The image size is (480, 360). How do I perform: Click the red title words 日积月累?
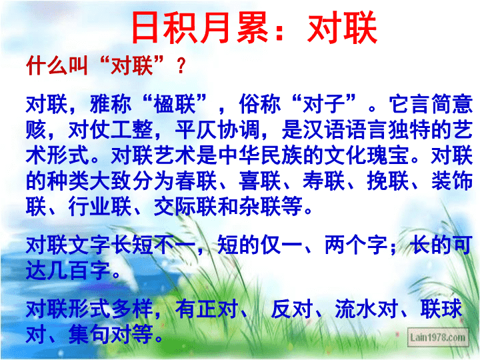(200, 27)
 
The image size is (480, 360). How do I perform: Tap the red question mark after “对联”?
(181, 66)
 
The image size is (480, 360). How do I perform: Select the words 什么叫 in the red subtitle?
(57, 65)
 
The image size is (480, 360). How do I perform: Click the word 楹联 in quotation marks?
(175, 104)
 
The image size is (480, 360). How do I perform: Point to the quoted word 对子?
(323, 104)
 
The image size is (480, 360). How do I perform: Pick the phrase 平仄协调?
(217, 130)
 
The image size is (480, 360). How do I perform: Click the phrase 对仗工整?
(111, 130)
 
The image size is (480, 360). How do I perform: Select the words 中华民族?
(260, 155)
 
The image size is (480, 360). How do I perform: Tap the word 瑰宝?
(388, 155)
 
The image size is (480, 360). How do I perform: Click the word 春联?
(196, 181)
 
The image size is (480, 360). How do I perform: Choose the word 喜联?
(260, 181)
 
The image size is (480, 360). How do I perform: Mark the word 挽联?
(388, 181)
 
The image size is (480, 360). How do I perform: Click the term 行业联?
(100, 207)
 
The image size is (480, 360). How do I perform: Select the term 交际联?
(186, 207)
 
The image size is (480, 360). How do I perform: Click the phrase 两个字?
(356, 245)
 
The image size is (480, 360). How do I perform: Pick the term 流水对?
(367, 309)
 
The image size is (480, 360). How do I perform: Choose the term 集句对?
(100, 335)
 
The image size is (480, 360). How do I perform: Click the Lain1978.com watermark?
(438, 337)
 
